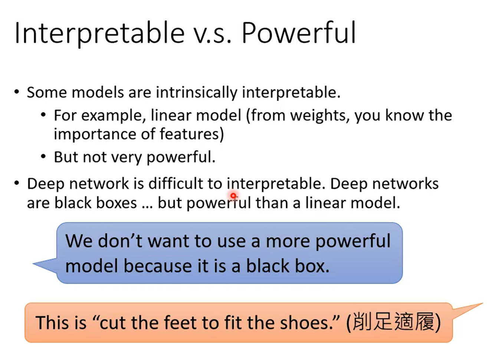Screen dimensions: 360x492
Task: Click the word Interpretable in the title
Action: [x=99, y=33]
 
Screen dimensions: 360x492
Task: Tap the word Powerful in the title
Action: [x=299, y=33]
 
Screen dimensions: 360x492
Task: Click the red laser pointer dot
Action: [x=233, y=195]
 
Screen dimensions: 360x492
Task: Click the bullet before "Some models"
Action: [x=17, y=92]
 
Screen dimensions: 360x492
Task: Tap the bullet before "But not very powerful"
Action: [x=44, y=157]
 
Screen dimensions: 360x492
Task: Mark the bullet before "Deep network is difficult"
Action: [x=17, y=184]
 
